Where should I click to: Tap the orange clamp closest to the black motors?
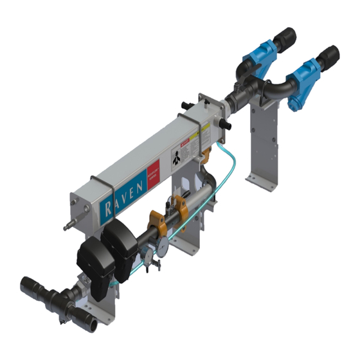click(x=154, y=225)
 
